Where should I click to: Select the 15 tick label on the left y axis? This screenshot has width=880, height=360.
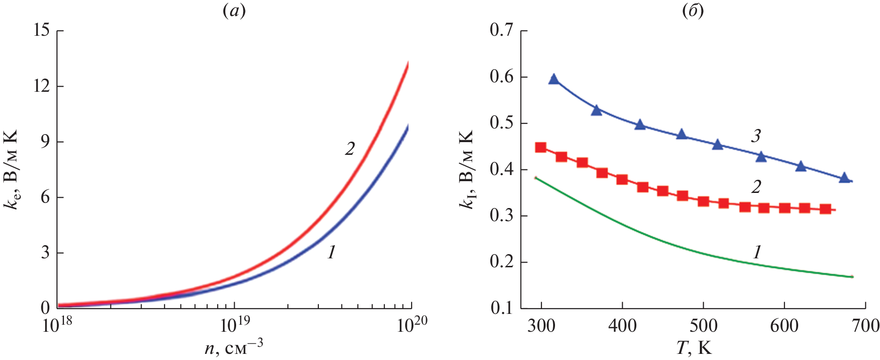point(42,31)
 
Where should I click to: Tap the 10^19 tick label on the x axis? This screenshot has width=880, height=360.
point(234,325)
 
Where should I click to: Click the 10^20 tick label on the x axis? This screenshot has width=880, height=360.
point(412,325)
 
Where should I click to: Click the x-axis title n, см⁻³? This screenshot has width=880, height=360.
point(234,347)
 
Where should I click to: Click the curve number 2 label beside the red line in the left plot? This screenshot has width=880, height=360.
point(349,149)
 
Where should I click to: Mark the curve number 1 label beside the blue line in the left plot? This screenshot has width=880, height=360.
point(332,253)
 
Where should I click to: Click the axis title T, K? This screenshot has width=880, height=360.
point(694,348)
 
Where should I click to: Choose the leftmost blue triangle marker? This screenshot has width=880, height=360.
point(554,79)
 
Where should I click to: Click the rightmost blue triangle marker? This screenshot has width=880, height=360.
point(844,177)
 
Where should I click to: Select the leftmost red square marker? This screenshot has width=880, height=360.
point(541,147)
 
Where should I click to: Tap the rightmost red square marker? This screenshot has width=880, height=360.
point(825,209)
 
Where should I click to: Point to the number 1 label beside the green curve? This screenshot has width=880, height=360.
point(757,253)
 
